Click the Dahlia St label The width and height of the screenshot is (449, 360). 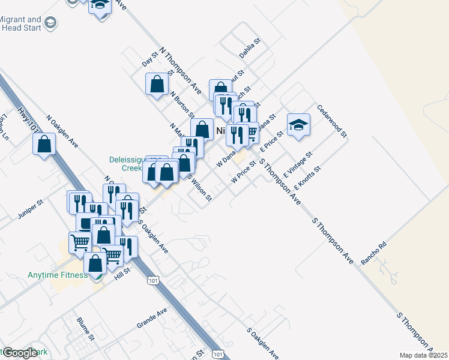tap(250, 49)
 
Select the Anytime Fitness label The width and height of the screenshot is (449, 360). tap(58, 275)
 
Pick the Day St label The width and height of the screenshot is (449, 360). tap(149, 59)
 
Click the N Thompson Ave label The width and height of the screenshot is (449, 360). tap(180, 71)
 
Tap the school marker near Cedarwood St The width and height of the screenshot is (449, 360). tap(298, 125)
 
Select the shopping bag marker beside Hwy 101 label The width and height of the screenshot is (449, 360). tap(44, 143)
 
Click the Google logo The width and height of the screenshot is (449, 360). tap(20, 353)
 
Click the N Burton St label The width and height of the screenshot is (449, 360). tap(182, 104)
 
